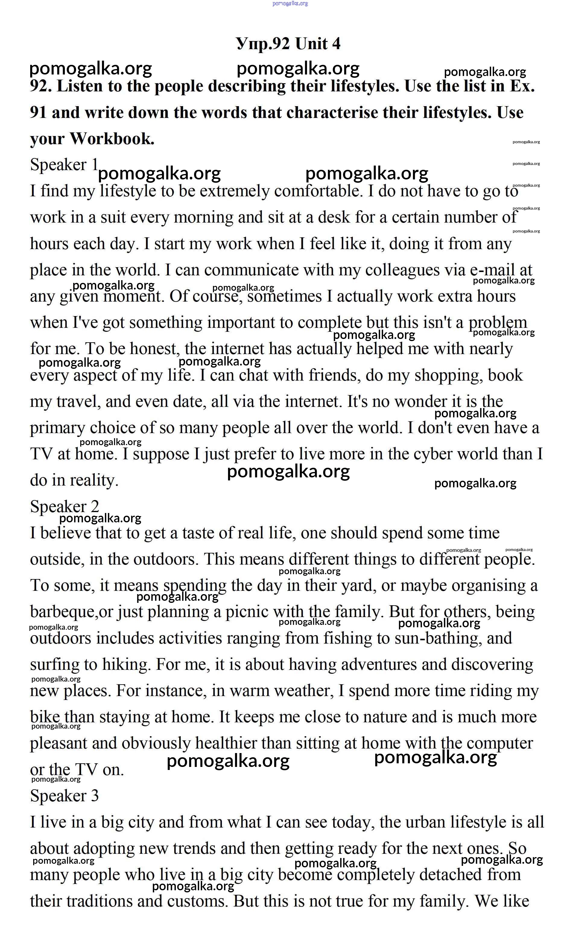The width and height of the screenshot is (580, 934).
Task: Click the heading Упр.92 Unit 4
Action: (x=288, y=44)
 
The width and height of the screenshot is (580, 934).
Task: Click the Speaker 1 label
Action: (x=64, y=165)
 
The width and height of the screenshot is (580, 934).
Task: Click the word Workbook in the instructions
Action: (x=112, y=139)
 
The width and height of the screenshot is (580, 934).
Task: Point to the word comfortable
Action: (x=318, y=191)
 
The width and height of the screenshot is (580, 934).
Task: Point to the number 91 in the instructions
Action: (x=38, y=113)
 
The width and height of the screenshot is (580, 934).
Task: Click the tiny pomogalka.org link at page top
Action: (x=290, y=3)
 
